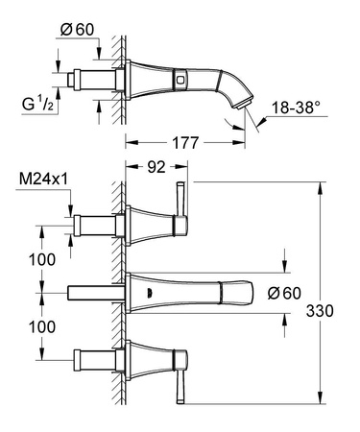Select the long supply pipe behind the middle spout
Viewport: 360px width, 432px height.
click(96, 291)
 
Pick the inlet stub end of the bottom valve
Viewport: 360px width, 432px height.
click(83, 361)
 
